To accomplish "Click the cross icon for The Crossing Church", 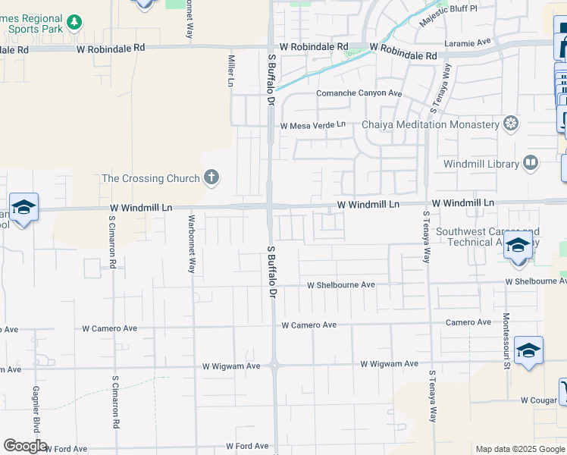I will point(211,179).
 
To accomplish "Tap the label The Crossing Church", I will point(150,179).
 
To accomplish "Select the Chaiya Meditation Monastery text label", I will point(430,124).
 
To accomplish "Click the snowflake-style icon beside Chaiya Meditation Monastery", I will point(512,124).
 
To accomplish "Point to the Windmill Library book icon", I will point(531,164).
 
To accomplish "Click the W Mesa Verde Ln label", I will point(312,125).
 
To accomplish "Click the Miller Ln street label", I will point(231,70).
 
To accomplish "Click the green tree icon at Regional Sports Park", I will point(74,23).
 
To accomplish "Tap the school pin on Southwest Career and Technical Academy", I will point(518,246).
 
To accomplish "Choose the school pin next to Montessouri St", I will point(528,350).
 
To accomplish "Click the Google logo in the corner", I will point(25,446).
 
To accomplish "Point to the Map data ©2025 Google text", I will point(519,449).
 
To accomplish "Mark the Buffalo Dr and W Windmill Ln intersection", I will point(270,206).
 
